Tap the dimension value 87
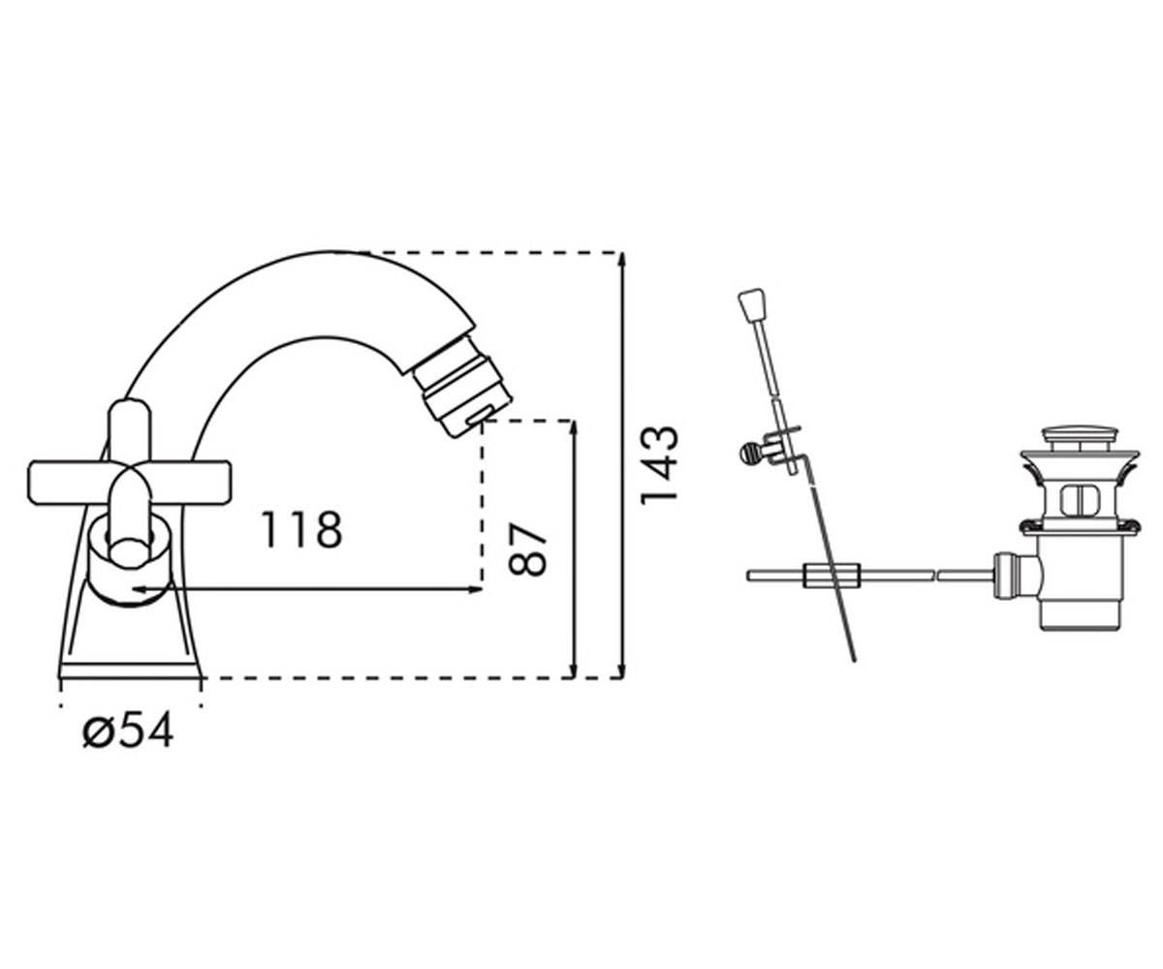coord(526,549)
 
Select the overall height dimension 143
coord(659,465)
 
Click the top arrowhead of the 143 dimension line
coord(622,259)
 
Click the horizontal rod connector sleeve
coord(831,576)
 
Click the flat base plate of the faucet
coord(130,672)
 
